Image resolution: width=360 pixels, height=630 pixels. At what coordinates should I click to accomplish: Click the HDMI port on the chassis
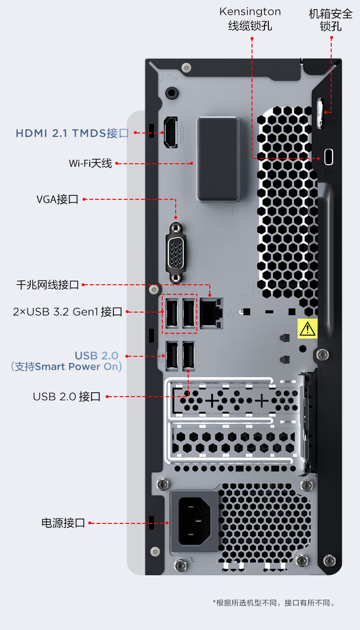tap(171, 132)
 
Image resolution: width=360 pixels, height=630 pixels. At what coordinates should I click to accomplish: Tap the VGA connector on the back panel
tap(176, 252)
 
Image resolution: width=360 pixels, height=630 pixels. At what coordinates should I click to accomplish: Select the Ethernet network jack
tap(211, 313)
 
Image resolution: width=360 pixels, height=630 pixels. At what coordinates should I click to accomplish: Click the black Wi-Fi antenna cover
tap(218, 159)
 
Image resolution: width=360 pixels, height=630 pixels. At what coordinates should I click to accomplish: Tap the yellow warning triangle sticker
tap(307, 328)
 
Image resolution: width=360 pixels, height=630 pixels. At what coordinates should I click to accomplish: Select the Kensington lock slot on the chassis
tap(329, 157)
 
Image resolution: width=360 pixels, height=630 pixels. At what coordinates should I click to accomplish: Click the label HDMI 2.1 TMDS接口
tap(72, 133)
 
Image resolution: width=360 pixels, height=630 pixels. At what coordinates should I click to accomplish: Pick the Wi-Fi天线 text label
tap(90, 163)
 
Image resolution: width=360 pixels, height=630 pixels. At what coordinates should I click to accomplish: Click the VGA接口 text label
tap(57, 199)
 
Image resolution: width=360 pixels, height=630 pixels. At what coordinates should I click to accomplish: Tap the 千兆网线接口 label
tap(48, 285)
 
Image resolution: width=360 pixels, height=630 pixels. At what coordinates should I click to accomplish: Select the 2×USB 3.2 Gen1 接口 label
tap(68, 312)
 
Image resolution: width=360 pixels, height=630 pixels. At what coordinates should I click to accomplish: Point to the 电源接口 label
tap(63, 523)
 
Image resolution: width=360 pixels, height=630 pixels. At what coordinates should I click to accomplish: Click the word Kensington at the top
tap(250, 12)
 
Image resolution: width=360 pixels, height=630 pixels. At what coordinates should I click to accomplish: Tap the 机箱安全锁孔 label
tap(331, 20)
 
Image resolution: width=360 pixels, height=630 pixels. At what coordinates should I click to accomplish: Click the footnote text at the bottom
tap(274, 603)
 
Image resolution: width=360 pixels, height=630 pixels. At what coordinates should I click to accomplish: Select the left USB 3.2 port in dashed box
tap(171, 313)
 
